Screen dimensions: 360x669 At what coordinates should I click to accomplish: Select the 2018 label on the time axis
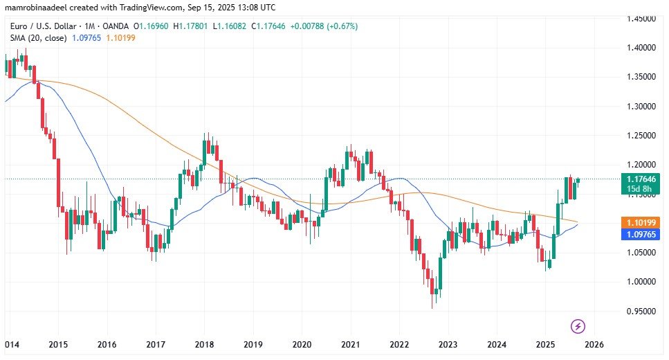[x=205, y=344]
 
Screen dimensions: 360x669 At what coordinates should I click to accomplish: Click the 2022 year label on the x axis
[x=399, y=344]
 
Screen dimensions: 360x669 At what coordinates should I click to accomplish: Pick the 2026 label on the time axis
[x=594, y=344]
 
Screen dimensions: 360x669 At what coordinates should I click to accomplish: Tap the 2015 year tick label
[x=59, y=344]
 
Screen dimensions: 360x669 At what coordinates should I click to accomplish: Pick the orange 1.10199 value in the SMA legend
[x=122, y=37]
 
